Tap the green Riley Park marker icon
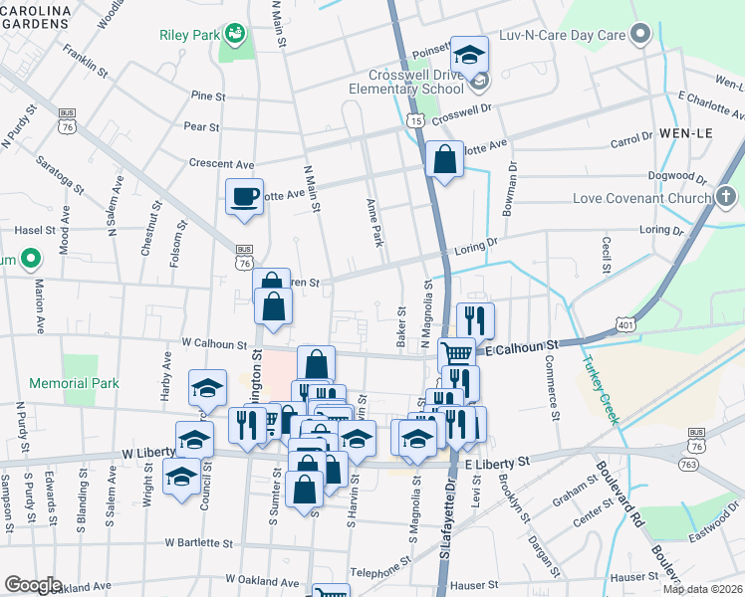[x=235, y=34]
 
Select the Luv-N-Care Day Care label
[x=561, y=35]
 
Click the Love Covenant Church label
[x=641, y=198]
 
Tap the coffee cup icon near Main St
[x=244, y=195]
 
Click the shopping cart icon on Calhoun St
[x=456, y=353]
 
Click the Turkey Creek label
[x=601, y=388]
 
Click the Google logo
[x=32, y=585]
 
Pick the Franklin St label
[x=84, y=60]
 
